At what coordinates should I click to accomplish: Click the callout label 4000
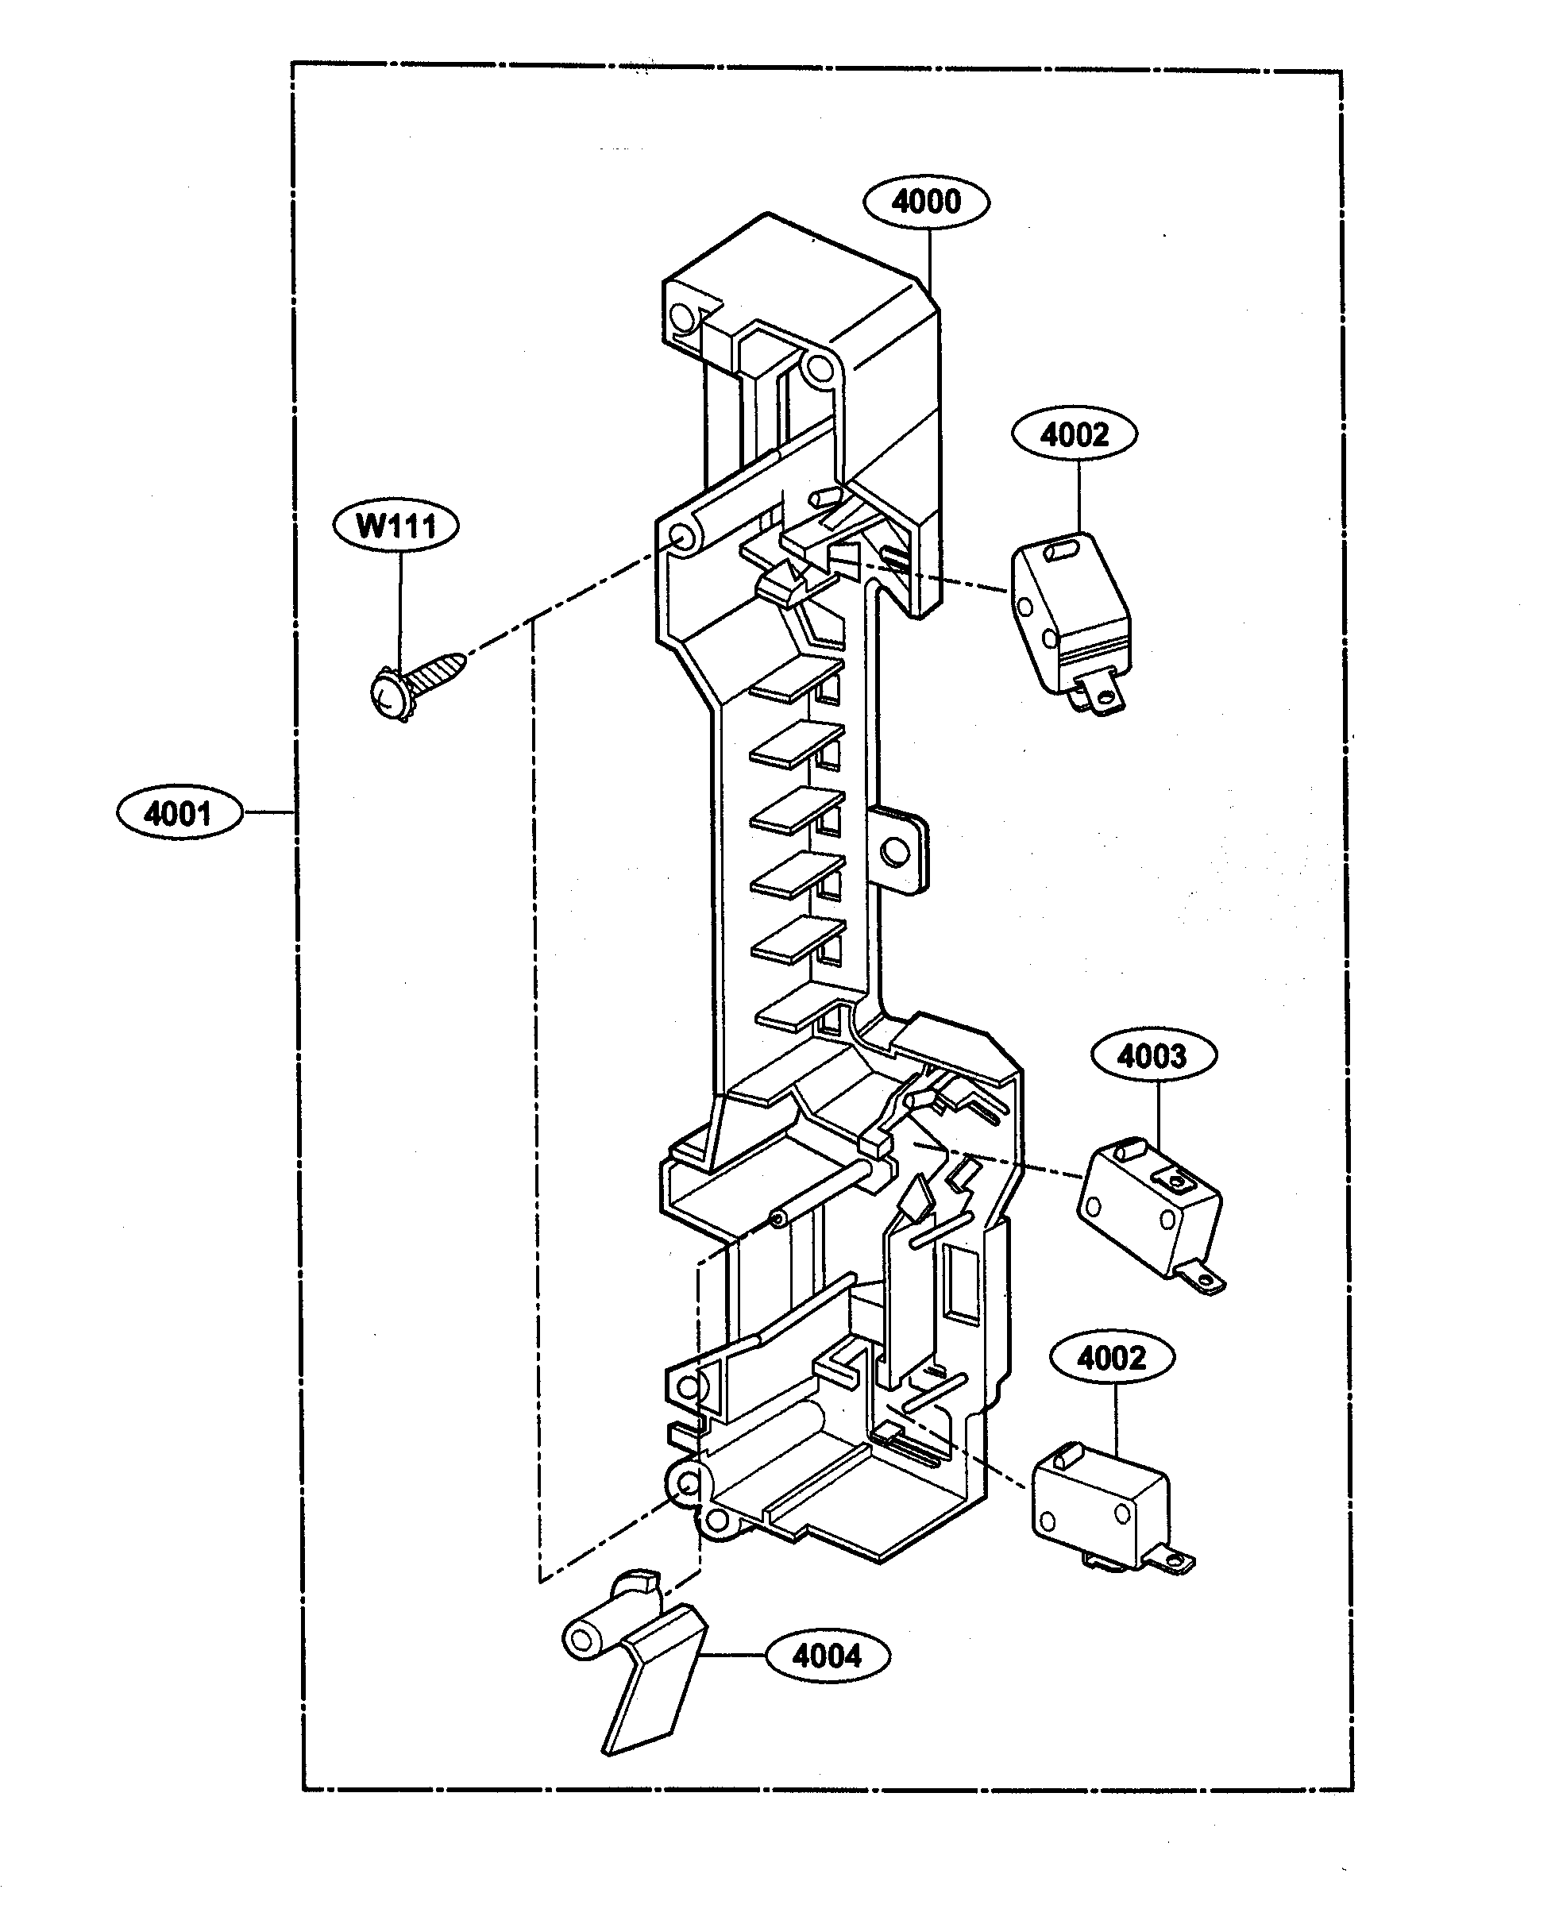coord(926,202)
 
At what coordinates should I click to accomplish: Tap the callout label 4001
coord(179,813)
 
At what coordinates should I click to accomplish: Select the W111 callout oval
coord(396,525)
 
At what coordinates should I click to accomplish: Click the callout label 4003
coord(1154,1056)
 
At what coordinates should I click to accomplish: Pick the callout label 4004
coord(828,1656)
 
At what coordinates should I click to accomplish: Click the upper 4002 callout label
coord(1075,434)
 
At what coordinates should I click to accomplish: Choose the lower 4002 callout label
coord(1112,1357)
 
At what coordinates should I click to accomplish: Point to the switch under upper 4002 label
coord(1071,622)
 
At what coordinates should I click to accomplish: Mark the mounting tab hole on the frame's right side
coord(896,851)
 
